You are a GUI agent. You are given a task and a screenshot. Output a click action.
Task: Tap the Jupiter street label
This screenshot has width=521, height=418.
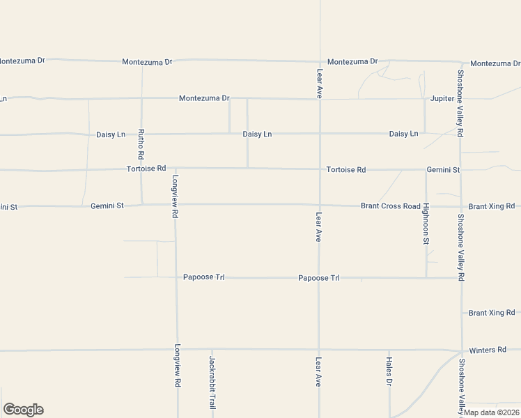442,98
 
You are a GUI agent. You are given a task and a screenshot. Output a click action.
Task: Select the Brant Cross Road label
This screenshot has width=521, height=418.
390,206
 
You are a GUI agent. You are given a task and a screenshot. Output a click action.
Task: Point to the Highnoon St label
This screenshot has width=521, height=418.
426,223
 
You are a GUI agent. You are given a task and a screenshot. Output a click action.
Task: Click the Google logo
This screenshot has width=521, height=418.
23,410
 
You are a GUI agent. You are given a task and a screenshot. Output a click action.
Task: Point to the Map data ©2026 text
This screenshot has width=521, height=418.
491,412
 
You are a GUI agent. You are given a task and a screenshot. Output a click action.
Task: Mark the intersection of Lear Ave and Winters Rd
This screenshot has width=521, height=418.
319,350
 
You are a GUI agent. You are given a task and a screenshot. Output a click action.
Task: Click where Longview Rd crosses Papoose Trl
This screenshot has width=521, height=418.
176,277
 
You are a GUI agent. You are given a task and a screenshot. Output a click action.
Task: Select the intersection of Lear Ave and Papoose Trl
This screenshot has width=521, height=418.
319,278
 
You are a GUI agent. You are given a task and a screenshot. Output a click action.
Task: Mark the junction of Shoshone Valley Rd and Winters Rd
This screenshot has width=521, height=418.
462,350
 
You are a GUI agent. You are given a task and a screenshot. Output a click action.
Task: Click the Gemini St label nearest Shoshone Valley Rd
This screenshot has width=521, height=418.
443,169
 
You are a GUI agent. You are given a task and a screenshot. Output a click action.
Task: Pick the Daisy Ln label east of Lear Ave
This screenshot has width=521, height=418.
403,133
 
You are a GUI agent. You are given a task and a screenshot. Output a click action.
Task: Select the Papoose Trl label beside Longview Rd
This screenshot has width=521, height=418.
203,277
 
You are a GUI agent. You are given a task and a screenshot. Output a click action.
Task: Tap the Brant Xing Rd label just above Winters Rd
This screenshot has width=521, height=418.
491,313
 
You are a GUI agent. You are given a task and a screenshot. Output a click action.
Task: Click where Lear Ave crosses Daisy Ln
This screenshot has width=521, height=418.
319,133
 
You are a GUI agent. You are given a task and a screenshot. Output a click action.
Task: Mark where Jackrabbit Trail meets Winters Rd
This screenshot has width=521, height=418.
212,350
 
